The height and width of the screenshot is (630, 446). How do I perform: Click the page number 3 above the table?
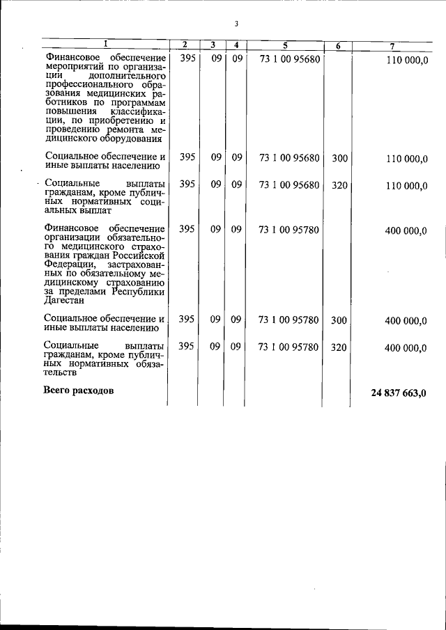coord(236,24)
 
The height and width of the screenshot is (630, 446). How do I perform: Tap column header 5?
coord(285,45)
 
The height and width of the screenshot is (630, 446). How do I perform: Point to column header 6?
coord(338,46)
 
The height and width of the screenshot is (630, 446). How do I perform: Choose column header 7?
coord(392,46)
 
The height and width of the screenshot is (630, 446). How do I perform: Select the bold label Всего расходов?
coord(79,390)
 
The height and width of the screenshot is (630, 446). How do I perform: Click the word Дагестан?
coord(64,301)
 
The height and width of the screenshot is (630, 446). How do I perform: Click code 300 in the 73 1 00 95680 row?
coord(339,158)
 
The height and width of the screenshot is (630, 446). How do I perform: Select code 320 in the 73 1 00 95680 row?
coord(339,184)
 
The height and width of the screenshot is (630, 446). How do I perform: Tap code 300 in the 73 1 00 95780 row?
coord(339,320)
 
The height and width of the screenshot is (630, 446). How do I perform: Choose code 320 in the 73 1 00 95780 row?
coord(339,347)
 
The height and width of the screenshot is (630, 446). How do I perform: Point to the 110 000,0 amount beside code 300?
coord(406,159)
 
